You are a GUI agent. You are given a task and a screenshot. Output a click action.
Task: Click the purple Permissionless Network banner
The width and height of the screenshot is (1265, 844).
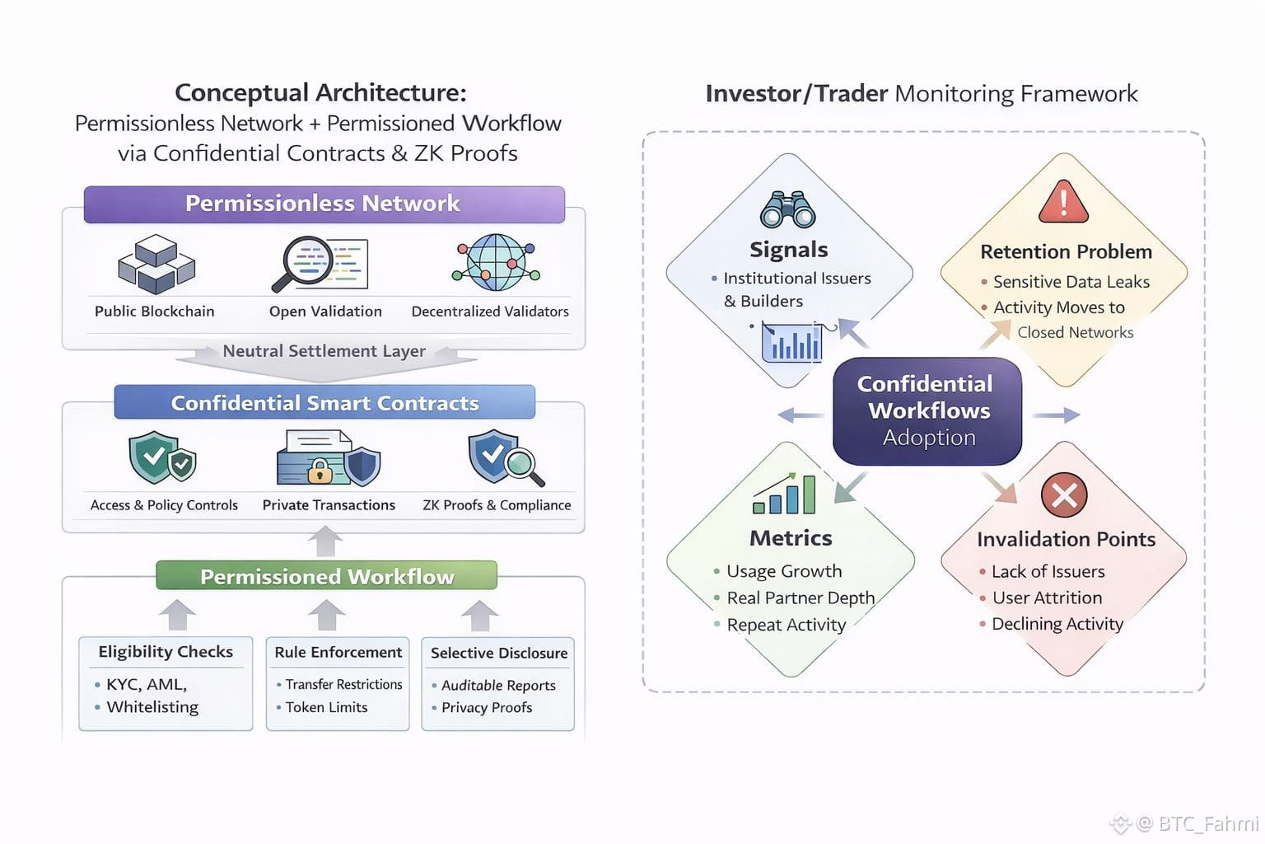coord(324,204)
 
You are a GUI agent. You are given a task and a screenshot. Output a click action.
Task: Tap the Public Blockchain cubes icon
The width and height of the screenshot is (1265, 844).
coord(156,264)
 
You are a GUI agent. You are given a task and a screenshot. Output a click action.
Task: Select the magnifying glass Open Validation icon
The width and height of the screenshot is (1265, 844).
coord(319,264)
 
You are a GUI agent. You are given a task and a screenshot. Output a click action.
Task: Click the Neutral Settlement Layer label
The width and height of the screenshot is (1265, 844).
coord(324,351)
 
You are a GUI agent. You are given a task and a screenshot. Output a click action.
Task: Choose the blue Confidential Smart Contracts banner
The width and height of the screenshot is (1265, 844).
coord(324,403)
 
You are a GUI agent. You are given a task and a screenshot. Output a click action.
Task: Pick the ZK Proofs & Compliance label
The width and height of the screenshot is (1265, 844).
coord(497,505)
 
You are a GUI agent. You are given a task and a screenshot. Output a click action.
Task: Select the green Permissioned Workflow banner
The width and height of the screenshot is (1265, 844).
coord(327,576)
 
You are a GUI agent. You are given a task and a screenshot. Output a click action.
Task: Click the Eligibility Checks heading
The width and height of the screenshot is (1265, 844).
coord(166,652)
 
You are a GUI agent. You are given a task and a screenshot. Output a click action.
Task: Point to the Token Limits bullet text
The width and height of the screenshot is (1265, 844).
coord(327,707)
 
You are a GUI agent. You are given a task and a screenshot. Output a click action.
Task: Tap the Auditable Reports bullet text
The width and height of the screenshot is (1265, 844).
coord(498,685)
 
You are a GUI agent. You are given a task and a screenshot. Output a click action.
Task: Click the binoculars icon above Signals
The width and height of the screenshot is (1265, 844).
coord(788,209)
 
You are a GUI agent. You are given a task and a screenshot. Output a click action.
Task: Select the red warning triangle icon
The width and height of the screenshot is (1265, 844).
coord(1063,203)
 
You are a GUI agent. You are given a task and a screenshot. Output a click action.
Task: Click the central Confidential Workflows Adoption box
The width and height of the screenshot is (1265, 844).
coord(927,410)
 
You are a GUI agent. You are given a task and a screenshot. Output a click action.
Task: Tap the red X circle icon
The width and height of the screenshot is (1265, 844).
coord(1064,495)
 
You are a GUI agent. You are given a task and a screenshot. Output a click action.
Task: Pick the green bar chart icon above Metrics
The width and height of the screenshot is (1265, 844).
coord(784,495)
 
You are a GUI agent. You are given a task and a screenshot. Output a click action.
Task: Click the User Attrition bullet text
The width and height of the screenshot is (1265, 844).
coord(1047,598)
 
